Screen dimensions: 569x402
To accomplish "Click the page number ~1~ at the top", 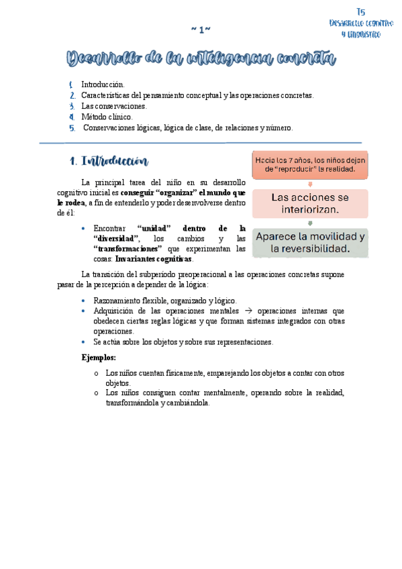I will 201,30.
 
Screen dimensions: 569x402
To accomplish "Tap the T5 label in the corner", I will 361,11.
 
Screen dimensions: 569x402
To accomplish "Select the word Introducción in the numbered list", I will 103,85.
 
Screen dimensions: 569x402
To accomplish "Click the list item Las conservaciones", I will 114,106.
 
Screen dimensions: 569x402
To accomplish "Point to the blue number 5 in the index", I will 71,127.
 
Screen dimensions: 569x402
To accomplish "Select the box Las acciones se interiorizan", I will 310,203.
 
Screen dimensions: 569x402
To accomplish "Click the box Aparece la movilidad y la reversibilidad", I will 310,243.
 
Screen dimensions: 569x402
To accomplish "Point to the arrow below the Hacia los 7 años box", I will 310,184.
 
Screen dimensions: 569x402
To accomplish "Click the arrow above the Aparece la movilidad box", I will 310,223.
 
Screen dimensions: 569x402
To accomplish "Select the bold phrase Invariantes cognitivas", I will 154,259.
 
